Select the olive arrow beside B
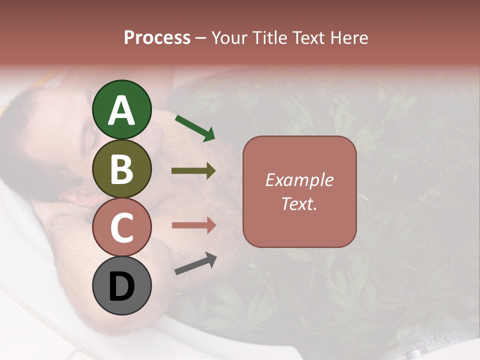pyautogui.click(x=193, y=171)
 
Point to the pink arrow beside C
pyautogui.click(x=193, y=225)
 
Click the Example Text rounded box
pyautogui.click(x=299, y=192)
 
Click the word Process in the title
pyautogui.click(x=157, y=38)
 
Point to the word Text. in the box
pyautogui.click(x=299, y=204)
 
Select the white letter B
pyautogui.click(x=122, y=169)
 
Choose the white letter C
pyautogui.click(x=122, y=228)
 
